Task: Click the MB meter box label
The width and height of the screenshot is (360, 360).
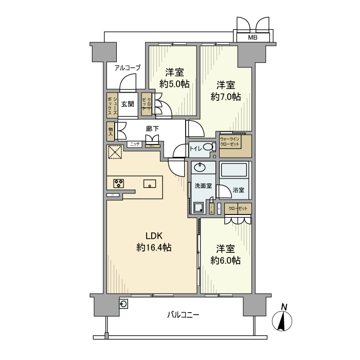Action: pos(253,38)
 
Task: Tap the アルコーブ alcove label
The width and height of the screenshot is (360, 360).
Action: pos(127,67)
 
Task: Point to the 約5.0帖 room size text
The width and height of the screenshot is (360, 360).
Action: pos(174,84)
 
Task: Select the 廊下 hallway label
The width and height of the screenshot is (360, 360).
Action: pos(152,129)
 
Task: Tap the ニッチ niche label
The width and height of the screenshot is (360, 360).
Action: pos(135,145)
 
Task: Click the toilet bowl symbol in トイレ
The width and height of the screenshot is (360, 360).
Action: pos(208,148)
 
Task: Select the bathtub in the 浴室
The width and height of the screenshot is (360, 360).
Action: pos(235,170)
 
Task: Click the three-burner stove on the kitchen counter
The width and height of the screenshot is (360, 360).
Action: pos(119,183)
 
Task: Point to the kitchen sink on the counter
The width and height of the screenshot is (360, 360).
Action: pos(150,183)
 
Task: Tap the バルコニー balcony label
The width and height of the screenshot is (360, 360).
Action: pos(183,315)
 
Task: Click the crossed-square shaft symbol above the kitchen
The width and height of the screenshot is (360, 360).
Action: pos(114,153)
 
